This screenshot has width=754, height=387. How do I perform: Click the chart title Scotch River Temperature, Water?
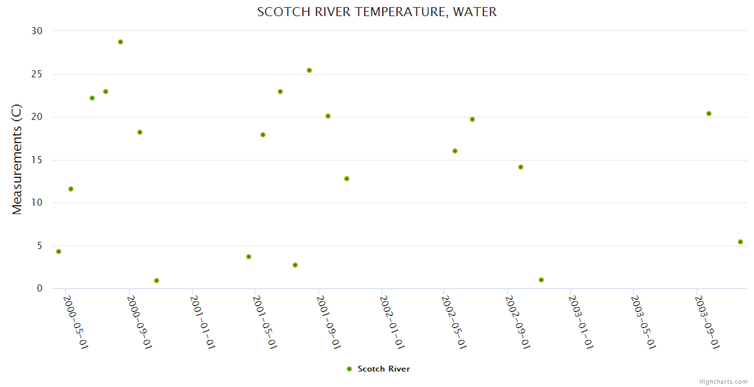click(x=377, y=12)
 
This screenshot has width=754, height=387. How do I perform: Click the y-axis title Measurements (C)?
click(x=17, y=159)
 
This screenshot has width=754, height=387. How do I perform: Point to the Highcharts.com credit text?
click(x=723, y=381)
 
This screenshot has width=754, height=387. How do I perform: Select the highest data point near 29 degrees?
click(x=121, y=42)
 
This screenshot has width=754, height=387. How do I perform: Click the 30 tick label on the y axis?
click(x=37, y=31)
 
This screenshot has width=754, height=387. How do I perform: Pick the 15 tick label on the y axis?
click(x=37, y=160)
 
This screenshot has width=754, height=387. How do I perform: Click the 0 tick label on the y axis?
click(x=39, y=289)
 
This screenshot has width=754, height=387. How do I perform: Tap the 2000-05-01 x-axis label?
click(x=76, y=322)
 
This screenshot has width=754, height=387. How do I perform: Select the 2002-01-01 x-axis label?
click(x=392, y=322)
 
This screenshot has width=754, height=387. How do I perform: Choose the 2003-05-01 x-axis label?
click(x=644, y=322)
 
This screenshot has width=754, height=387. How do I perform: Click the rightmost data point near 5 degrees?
click(x=740, y=242)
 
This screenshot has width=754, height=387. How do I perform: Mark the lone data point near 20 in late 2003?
click(x=709, y=114)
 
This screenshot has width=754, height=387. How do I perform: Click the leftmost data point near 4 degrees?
click(x=59, y=252)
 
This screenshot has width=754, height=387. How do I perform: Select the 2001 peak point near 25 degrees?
click(x=309, y=70)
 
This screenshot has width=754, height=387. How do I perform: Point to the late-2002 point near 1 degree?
click(x=541, y=280)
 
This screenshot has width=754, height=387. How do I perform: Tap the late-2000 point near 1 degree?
click(x=157, y=281)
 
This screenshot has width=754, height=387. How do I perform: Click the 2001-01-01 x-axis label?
click(x=202, y=322)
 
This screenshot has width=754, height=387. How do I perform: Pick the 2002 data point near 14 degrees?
click(x=521, y=167)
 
